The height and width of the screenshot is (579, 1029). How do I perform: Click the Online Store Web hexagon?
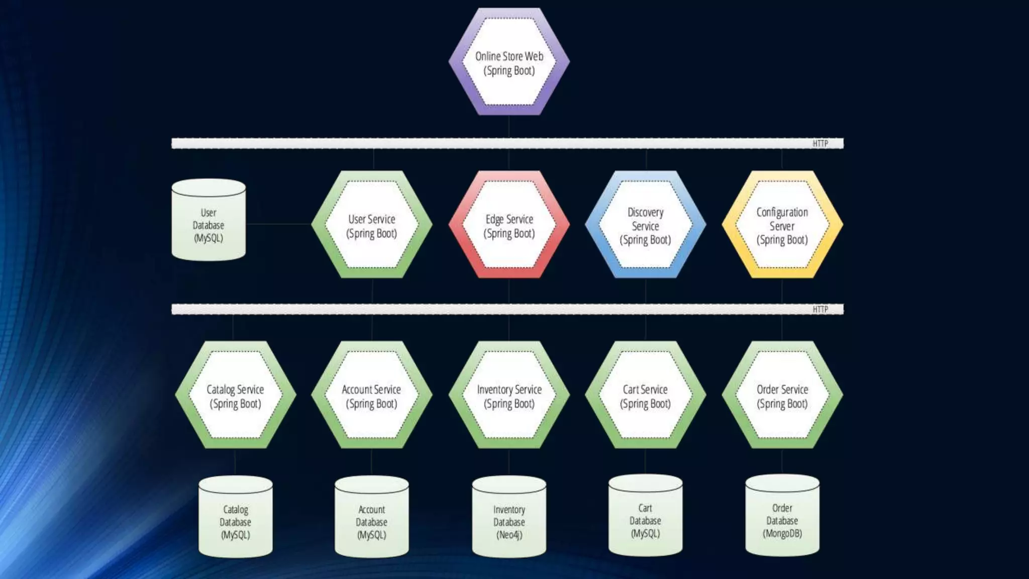[x=509, y=62]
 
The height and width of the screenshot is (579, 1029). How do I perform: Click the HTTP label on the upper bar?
[x=820, y=144]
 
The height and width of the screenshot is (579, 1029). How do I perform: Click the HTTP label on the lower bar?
[x=820, y=310]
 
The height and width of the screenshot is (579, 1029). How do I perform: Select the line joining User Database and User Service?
[x=279, y=224]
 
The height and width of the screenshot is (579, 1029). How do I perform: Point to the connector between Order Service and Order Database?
[x=782, y=461]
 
